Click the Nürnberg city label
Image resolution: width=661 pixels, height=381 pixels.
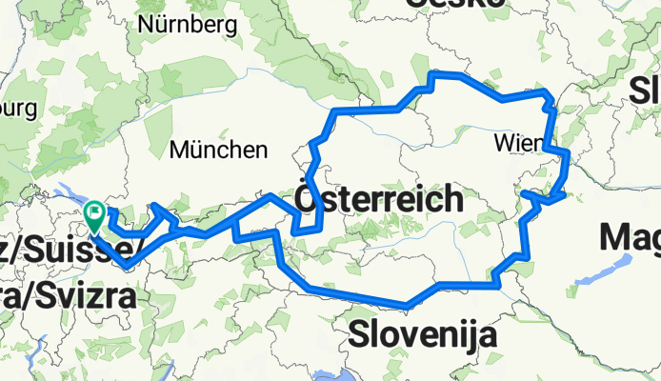click(180, 25)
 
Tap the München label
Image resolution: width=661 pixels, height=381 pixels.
click(218, 150)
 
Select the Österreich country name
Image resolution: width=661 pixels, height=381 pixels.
click(379, 201)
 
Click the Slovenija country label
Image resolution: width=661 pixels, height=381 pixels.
click(422, 334)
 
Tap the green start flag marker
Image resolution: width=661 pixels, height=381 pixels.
click(95, 214)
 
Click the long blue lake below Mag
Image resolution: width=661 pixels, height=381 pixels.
click(595, 273)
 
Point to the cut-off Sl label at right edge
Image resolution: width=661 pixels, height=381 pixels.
click(645, 90)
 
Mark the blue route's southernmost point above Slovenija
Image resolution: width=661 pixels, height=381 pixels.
click(408, 306)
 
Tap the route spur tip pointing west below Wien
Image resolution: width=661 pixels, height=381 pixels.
click(523, 193)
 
